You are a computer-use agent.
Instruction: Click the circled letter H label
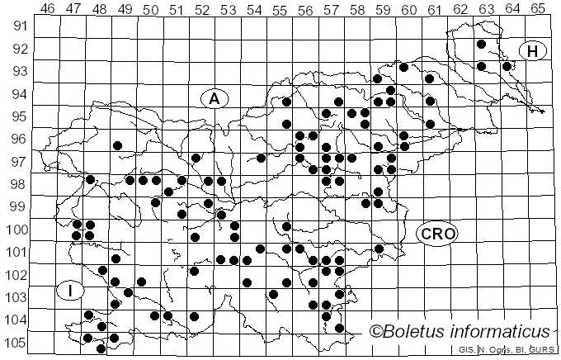pos(533,51)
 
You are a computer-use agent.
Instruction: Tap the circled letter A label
pos(214,98)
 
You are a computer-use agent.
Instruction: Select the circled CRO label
pos(436,234)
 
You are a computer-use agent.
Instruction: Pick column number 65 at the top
pos(538,8)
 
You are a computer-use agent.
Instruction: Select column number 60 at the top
pos(408,8)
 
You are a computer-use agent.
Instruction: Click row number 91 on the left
pos(19,26)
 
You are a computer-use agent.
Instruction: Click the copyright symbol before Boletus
pos(376,333)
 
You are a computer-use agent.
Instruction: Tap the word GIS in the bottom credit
pos(466,352)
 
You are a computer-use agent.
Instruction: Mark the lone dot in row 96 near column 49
pos(117,145)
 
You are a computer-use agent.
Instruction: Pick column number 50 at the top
pos(150,8)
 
